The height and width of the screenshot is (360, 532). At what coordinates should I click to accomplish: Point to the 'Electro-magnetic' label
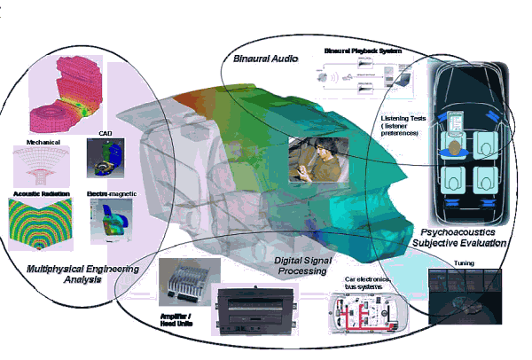[111, 192]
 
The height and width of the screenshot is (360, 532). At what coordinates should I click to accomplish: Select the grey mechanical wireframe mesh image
[42, 165]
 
